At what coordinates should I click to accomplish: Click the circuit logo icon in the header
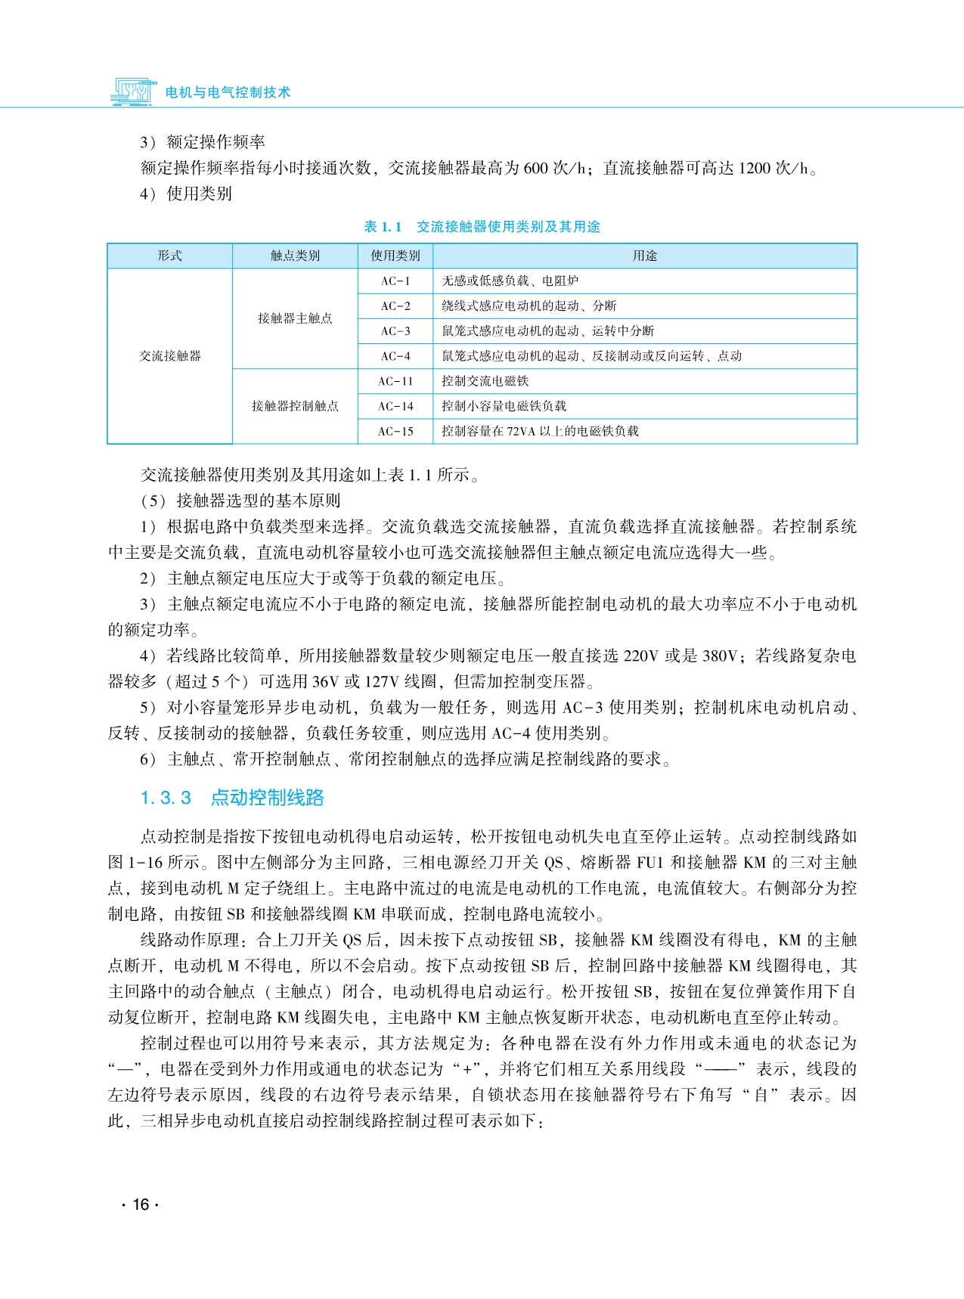tap(133, 91)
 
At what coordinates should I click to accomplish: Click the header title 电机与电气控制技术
tap(228, 92)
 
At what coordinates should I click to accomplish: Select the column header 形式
tap(169, 256)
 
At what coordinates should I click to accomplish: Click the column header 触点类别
tap(295, 256)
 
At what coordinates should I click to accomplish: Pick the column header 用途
tap(645, 256)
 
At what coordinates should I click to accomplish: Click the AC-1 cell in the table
tap(395, 281)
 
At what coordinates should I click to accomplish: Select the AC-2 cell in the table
tap(395, 306)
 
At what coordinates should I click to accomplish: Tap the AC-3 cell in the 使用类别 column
tap(395, 331)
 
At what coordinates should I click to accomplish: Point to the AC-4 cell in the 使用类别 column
tap(395, 356)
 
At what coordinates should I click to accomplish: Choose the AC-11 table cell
tap(395, 381)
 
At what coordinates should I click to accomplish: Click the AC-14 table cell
tap(395, 406)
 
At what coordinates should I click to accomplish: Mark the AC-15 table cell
tap(395, 431)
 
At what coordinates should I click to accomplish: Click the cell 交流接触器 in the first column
tap(169, 356)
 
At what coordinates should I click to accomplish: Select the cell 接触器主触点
tap(295, 318)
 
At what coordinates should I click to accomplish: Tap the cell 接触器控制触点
tap(295, 406)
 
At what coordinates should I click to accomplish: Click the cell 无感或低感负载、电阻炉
tap(510, 281)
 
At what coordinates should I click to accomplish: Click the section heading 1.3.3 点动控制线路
tap(232, 798)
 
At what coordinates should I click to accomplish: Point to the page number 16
tap(141, 1204)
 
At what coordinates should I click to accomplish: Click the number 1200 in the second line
tap(754, 168)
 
